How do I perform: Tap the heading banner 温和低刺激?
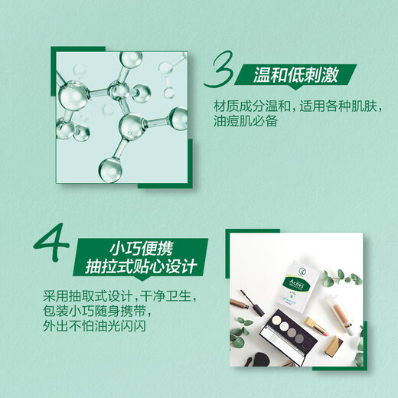coord(295,75)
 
